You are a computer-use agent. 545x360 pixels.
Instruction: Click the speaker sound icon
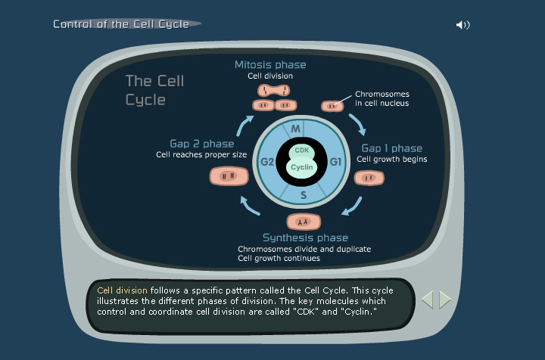[462, 25]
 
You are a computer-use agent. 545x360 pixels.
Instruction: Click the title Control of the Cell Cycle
[121, 24]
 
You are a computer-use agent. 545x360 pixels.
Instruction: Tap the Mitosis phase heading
[270, 65]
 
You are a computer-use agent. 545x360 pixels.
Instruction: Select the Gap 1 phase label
[391, 148]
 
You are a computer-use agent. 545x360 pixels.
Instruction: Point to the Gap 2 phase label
[202, 144]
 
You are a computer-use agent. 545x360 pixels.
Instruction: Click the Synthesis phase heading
[305, 237]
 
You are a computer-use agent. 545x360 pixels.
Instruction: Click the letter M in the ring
[296, 129]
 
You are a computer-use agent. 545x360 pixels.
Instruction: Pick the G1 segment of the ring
[336, 162]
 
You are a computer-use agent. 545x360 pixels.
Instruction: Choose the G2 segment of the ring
[267, 162]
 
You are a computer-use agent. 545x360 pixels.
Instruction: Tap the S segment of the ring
[303, 195]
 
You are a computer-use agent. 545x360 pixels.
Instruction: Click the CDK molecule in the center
[302, 151]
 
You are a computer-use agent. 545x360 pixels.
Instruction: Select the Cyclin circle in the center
[302, 168]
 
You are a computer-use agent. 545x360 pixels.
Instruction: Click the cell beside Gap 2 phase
[228, 177]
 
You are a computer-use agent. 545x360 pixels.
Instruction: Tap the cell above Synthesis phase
[304, 222]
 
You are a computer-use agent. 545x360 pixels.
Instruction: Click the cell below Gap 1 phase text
[369, 178]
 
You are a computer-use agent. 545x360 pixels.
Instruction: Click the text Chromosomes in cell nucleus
[381, 98]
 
